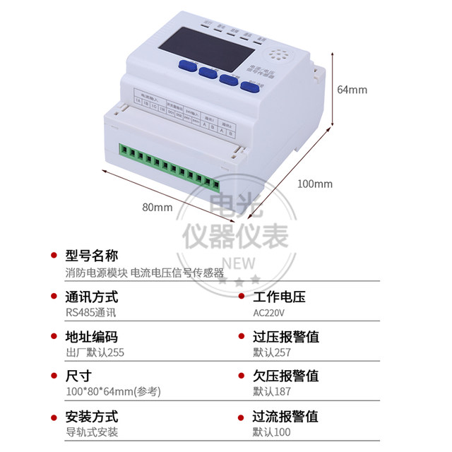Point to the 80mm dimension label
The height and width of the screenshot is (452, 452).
coord(157,207)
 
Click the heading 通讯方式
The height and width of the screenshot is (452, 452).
coord(91,297)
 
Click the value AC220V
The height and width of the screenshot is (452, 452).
coord(269,312)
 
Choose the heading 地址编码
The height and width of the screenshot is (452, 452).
coord(91,336)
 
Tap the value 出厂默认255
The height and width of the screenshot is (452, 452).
coord(94,352)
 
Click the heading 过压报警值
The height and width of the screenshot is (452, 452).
coord(285,336)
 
